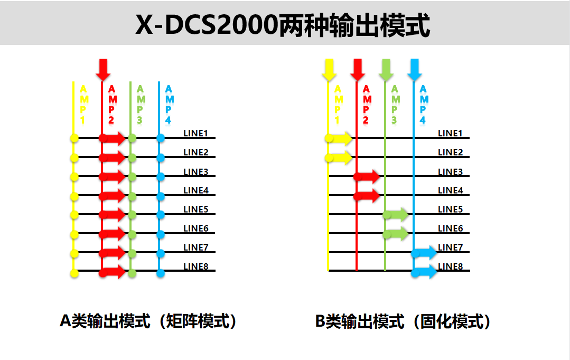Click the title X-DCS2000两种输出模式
(283, 25)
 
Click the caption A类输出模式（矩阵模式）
(148, 321)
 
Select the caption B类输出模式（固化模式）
(403, 321)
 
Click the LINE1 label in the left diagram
(196, 133)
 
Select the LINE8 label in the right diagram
(450, 266)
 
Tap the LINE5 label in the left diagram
(196, 209)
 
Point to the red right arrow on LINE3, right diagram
(368, 177)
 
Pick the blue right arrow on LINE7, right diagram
(425, 253)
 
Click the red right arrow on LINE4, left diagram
(113, 196)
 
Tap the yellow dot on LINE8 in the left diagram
(74, 272)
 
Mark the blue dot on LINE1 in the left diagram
(161, 139)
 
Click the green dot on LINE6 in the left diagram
(132, 234)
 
